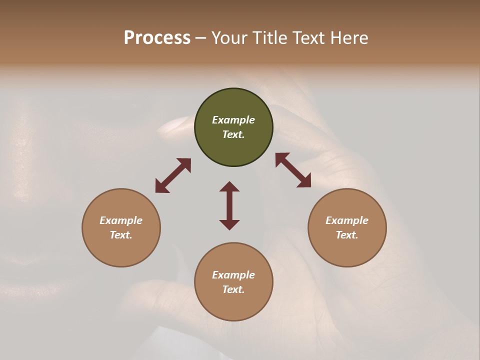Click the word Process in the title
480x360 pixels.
[157, 38]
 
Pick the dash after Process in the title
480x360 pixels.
[200, 38]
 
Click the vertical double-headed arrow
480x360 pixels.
[229, 205]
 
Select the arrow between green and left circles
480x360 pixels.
[173, 175]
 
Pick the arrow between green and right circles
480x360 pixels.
[293, 170]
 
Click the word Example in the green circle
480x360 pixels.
[233, 120]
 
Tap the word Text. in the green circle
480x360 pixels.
[233, 134]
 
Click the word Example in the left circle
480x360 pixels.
[121, 220]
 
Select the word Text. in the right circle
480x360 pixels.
[347, 235]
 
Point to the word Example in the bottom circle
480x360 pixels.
[233, 275]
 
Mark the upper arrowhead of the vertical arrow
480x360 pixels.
[229, 186]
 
